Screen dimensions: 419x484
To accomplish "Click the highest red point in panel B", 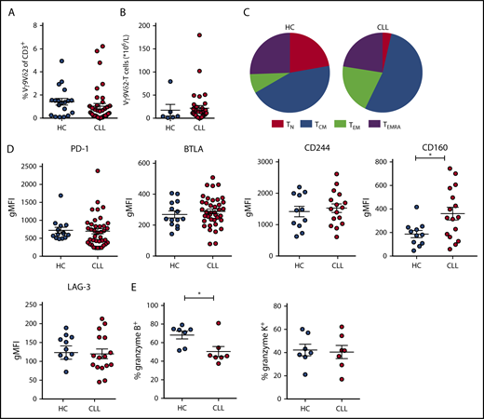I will [197, 35].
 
